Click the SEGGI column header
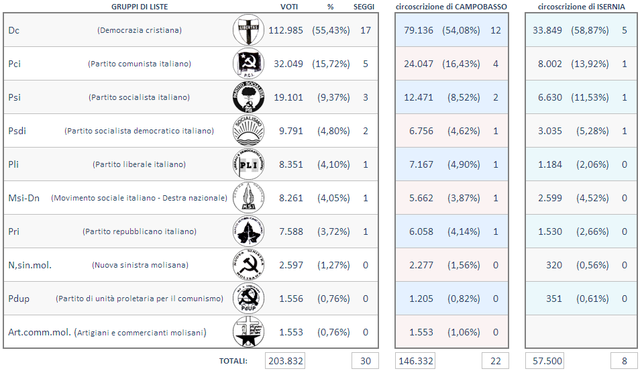tap(365, 7)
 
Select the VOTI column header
tap(289, 7)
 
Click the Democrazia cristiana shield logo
tap(248, 30)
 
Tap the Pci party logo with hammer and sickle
tap(248, 64)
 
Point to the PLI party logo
tap(248, 164)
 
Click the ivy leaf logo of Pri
tap(248, 231)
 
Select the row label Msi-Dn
tap(23, 198)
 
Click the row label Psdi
tap(17, 131)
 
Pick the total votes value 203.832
tap(286, 361)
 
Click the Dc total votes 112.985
tap(286, 30)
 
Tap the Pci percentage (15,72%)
tap(331, 64)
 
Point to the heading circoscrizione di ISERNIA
tap(581, 7)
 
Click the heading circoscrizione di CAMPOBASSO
tap(451, 7)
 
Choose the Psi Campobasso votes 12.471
tap(419, 97)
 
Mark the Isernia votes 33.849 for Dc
tap(547, 30)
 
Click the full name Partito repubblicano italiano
tap(139, 231)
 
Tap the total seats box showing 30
tap(365, 361)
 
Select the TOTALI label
tap(233, 361)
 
